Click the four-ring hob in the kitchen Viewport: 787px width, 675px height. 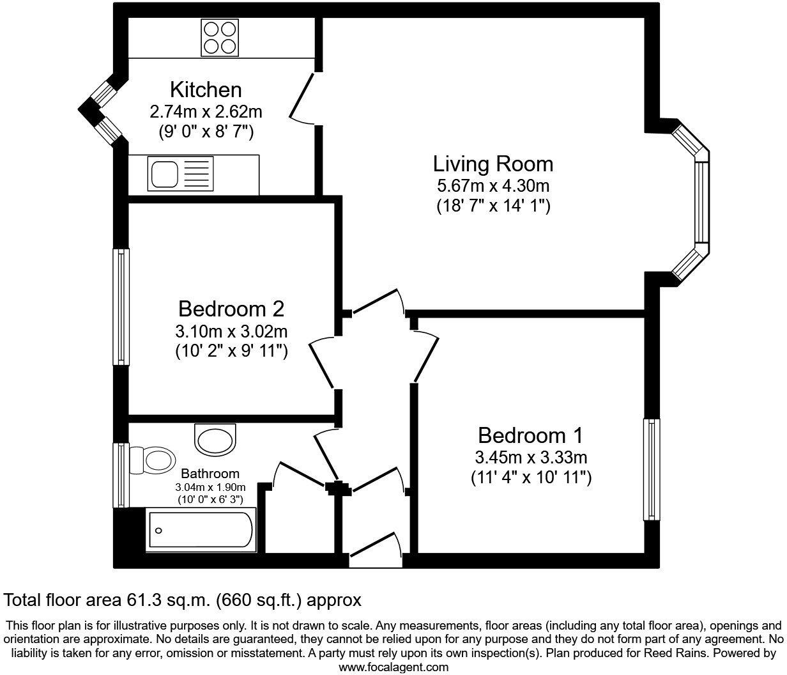[219, 37]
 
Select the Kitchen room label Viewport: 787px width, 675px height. [206, 89]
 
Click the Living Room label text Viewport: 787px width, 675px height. [493, 164]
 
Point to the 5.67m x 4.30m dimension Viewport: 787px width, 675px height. [493, 186]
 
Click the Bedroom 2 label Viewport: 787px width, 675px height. [231, 309]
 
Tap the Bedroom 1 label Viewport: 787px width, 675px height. [530, 436]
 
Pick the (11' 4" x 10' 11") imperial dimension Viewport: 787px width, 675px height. [530, 477]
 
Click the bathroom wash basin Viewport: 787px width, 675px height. [215, 440]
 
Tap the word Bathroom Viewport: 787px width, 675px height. [210, 474]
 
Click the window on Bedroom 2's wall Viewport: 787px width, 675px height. [121, 307]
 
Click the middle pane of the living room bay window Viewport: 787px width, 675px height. [701, 202]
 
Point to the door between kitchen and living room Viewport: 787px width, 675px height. [303, 98]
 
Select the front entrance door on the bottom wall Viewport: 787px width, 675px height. [376, 549]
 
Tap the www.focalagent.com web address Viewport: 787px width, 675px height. [393, 667]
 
